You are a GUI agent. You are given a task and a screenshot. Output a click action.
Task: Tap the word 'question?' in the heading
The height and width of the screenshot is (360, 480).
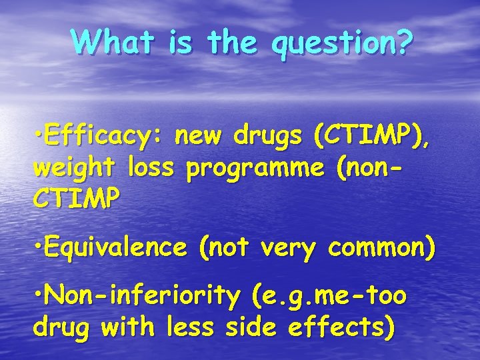[343, 43]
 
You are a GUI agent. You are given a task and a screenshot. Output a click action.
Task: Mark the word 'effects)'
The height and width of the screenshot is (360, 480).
[343, 327]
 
